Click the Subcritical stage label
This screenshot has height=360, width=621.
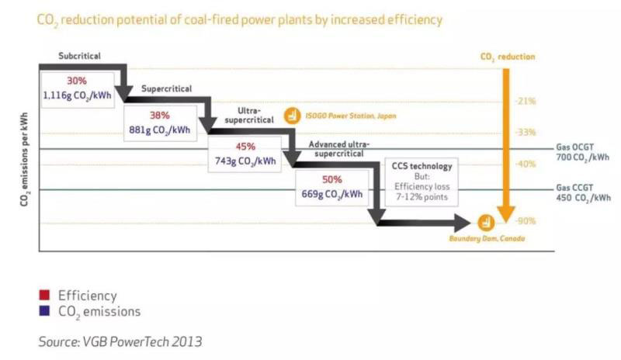coord(78,57)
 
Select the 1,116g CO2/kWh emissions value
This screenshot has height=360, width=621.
coord(78,95)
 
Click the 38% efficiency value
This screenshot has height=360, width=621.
coord(159,114)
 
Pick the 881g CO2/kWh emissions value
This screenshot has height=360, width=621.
coord(161,129)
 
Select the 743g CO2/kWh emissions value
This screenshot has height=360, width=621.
coord(245,161)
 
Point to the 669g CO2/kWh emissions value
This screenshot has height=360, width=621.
coord(331,194)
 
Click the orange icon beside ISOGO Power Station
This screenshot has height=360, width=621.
coord(292,116)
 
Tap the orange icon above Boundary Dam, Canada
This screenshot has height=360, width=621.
coord(487,223)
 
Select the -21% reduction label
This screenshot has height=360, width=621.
coord(526,102)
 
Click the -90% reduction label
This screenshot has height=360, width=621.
coord(526,221)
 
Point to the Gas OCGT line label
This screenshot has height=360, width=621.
coord(583,151)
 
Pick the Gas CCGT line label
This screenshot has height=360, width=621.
coord(583,192)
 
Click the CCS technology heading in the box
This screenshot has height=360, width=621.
coord(422,166)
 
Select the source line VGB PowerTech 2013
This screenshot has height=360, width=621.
coord(121,340)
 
